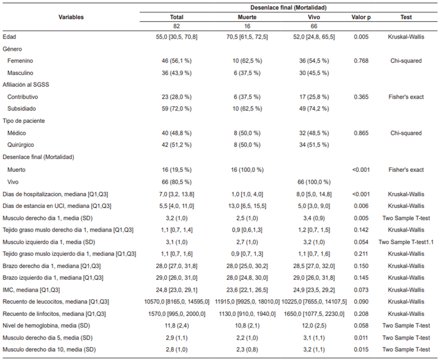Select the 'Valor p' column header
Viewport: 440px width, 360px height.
tap(360, 17)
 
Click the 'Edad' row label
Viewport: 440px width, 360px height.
tap(10, 37)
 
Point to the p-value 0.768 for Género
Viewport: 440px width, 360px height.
tap(360, 61)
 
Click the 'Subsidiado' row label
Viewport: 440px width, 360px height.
tap(22, 109)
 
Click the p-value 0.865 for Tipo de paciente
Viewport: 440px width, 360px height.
tap(360, 133)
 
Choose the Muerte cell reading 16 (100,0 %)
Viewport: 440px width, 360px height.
tap(243, 169)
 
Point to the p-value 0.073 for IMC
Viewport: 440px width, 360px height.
tap(360, 289)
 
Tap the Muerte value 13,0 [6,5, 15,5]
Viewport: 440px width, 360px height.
tap(243, 205)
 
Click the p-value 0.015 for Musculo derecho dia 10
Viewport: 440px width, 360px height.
tap(360, 349)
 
